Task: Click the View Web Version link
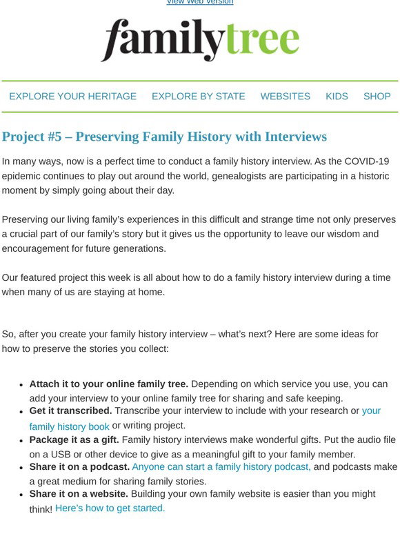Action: pyautogui.click(x=199, y=2)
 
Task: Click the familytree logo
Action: pyautogui.click(x=200, y=40)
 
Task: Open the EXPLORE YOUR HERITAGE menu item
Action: pyautogui.click(x=72, y=97)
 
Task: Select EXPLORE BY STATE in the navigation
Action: pyautogui.click(x=198, y=97)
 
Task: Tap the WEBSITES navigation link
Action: pyautogui.click(x=285, y=97)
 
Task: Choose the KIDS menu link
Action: pyautogui.click(x=337, y=97)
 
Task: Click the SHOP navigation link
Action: pyautogui.click(x=377, y=97)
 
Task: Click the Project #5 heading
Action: pyautogui.click(x=164, y=137)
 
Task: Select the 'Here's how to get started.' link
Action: pyautogui.click(x=110, y=508)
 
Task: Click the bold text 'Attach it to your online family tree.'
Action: pyautogui.click(x=108, y=384)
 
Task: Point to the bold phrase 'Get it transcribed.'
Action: pyautogui.click(x=70, y=411)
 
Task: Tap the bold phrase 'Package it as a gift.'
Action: pyautogui.click(x=74, y=439)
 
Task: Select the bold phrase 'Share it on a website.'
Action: pyautogui.click(x=79, y=494)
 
